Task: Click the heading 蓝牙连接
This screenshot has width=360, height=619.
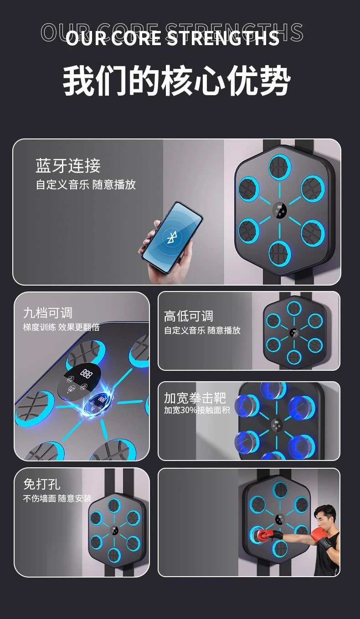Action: [x=68, y=165]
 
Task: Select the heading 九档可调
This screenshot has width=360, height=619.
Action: [x=48, y=313]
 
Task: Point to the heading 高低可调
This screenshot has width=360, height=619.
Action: [x=189, y=316]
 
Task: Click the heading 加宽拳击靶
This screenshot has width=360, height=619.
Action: [x=195, y=398]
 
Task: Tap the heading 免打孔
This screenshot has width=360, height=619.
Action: [x=42, y=484]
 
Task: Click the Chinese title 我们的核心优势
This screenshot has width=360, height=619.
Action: [x=177, y=81]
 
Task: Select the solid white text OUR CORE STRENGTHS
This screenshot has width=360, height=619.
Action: [x=173, y=38]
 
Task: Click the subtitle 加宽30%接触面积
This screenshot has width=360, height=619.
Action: [x=197, y=410]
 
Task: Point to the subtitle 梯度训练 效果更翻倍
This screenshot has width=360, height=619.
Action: [x=62, y=327]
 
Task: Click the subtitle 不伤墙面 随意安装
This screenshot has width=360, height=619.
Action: [x=57, y=498]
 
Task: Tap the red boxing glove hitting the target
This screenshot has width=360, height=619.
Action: [x=266, y=535]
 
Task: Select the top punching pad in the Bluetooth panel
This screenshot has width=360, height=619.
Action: [x=279, y=166]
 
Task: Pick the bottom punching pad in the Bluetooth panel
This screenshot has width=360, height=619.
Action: [x=279, y=253]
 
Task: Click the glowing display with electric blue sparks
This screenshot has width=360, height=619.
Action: [x=98, y=402]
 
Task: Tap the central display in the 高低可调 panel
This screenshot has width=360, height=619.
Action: [x=294, y=333]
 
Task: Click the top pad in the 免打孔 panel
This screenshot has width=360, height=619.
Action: [x=114, y=505]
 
